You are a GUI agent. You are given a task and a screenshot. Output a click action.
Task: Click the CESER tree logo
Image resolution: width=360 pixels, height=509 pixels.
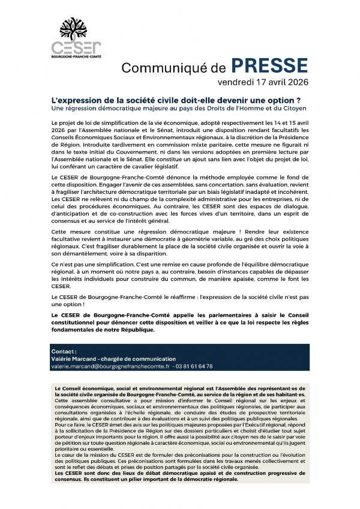point(76,29)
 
